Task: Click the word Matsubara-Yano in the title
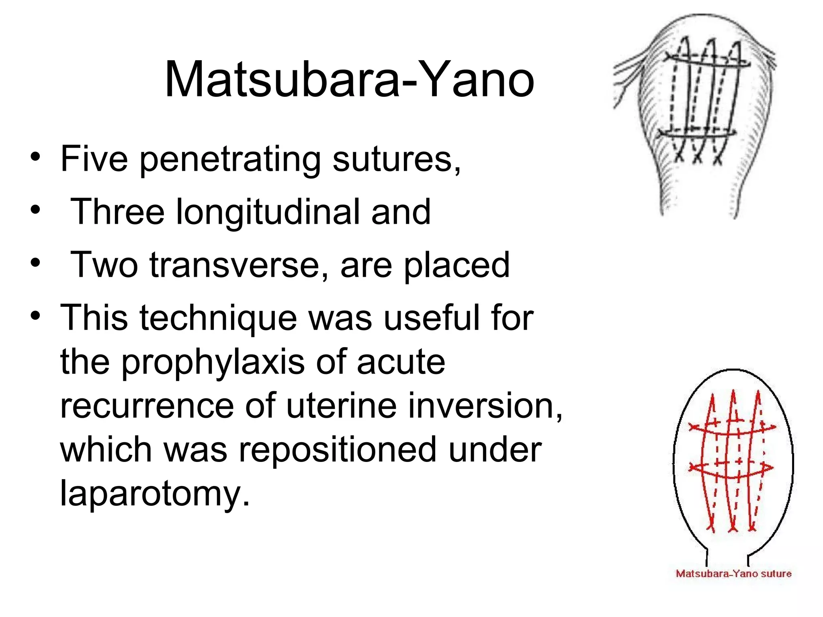click(349, 79)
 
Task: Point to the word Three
click(117, 212)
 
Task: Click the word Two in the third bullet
click(104, 265)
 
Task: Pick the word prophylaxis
click(213, 363)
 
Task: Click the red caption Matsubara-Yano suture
click(733, 574)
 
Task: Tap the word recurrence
click(147, 406)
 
